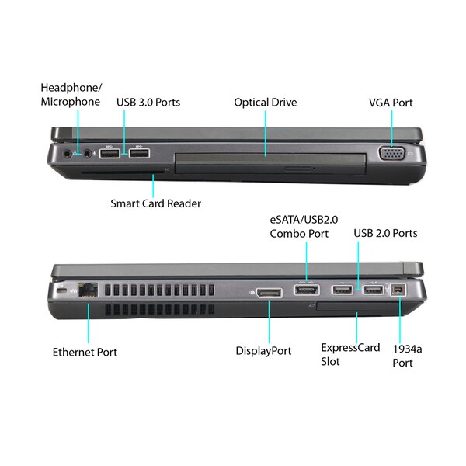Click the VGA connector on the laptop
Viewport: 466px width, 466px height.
click(x=391, y=153)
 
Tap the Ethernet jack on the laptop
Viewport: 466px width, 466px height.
click(x=89, y=290)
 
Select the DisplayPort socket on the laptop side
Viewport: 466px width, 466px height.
click(x=270, y=293)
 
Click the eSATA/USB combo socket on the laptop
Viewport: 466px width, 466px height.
click(x=307, y=290)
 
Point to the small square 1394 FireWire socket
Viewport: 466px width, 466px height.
click(x=398, y=290)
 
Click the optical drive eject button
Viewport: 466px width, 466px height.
click(x=298, y=169)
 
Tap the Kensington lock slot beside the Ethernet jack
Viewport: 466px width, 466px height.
click(x=61, y=290)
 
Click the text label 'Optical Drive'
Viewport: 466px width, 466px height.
click(x=266, y=103)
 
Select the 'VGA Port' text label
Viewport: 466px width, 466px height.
click(x=391, y=103)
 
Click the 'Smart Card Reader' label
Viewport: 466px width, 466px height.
click(x=156, y=203)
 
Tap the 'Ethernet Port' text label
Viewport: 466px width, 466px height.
click(x=85, y=352)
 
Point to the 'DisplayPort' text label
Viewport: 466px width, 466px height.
click(x=263, y=351)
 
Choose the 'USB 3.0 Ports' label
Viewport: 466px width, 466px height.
click(x=148, y=103)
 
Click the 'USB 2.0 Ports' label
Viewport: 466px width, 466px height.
click(x=385, y=233)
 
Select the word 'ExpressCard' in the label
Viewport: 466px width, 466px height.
click(x=350, y=348)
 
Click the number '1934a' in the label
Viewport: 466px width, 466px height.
click(x=407, y=349)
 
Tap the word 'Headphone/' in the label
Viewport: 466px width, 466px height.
click(x=71, y=88)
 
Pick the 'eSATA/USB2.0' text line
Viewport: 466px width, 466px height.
click(x=304, y=220)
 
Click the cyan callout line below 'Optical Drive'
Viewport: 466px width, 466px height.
click(x=266, y=133)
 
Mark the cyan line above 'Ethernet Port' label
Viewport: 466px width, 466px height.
click(x=89, y=323)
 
